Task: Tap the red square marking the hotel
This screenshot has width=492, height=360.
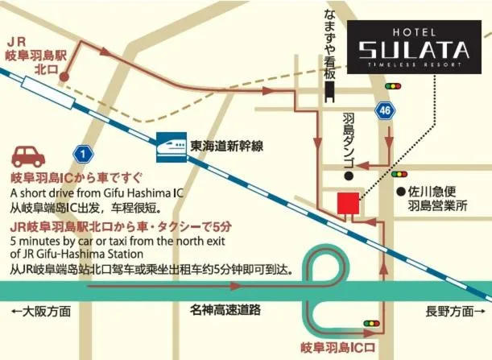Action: [x=348, y=203]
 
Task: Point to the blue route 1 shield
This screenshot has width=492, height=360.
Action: [x=81, y=152]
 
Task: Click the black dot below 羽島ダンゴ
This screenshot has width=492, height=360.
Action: [x=349, y=176]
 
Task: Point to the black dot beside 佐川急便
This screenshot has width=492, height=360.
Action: [x=399, y=192]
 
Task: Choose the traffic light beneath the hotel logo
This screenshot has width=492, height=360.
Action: [x=393, y=85]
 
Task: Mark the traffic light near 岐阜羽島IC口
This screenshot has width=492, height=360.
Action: [x=371, y=324]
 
